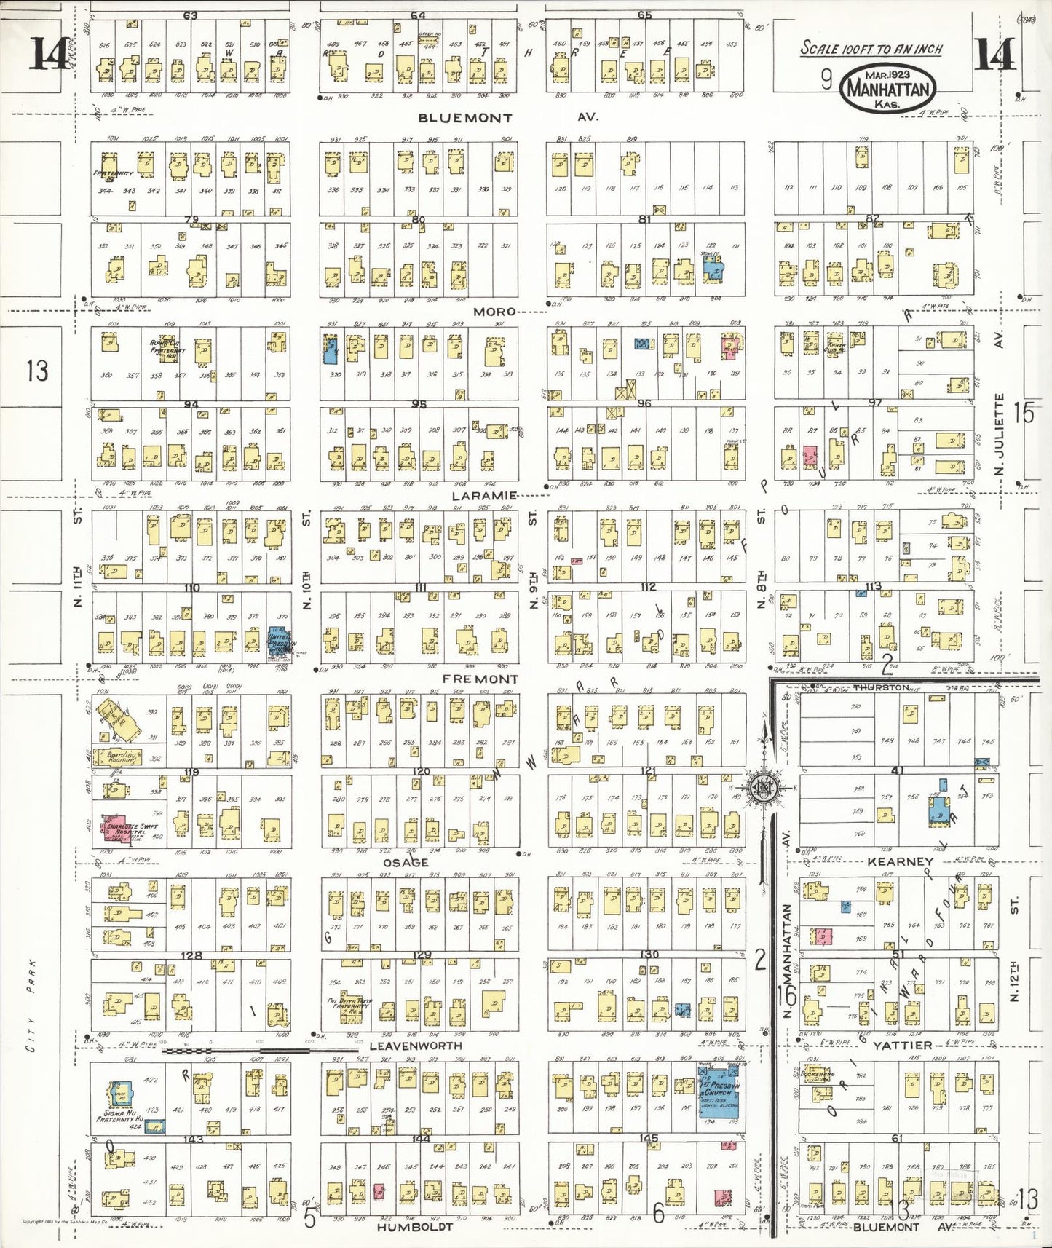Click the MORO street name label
tap(494, 312)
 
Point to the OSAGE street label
tap(406, 862)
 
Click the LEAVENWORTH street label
tap(416, 1046)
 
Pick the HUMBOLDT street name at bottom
tap(415, 1227)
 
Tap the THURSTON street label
tap(881, 687)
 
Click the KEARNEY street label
tap(900, 861)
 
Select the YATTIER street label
tap(902, 1045)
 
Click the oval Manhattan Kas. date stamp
tap(887, 89)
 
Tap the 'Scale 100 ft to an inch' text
tap(871, 49)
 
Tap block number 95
tap(419, 404)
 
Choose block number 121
tap(648, 770)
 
